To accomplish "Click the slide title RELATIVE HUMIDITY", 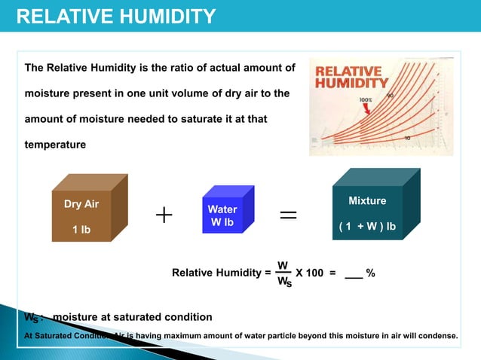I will pos(116,16).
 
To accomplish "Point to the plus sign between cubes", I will pos(164,216).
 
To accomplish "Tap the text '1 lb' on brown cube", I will pos(81,229).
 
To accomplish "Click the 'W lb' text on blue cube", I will pos(222,222).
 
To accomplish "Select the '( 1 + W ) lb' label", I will pos(367,226).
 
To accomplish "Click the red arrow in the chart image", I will pos(369,110).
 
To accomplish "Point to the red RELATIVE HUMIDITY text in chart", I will pos(348,77).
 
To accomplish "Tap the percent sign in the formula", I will pos(370,273).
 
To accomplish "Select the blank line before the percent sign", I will pos(353,276).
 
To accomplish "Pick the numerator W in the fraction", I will pos(282,265).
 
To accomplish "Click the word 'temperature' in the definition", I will pos(55,144).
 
